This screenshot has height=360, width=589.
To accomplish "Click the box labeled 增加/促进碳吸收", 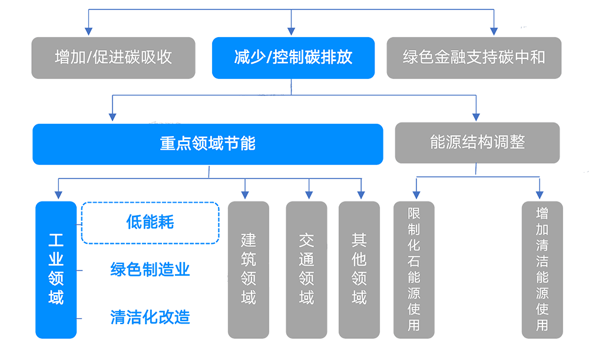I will tap(112, 58).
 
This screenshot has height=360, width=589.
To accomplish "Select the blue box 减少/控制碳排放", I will tap(293, 58).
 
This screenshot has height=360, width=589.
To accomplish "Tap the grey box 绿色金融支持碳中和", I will tap(474, 58).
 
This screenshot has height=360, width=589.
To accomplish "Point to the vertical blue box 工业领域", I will tap(56, 270).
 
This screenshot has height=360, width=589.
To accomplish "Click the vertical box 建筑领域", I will tap(248, 270).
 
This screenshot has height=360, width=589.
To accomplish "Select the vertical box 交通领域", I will tap(306, 270).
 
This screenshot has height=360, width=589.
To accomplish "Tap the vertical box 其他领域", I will tap(359, 270).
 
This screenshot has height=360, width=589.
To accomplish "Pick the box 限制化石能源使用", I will tap(413, 270).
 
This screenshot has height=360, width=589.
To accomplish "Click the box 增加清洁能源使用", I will tap(542, 270).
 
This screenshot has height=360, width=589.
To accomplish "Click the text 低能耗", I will tap(150, 222).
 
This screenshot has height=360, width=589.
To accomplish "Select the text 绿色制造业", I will tap(150, 270).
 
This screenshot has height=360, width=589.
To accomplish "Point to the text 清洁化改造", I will tap(150, 317).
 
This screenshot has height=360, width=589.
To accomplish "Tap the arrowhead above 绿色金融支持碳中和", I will tap(489, 28).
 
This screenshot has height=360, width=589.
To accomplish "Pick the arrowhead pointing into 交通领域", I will tap(307, 191).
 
